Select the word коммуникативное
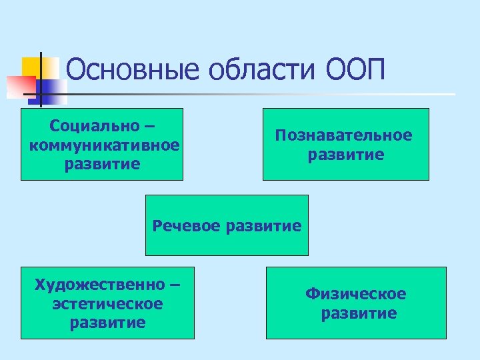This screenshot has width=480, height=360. coord(104,145)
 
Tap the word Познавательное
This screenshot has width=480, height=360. coord(344,135)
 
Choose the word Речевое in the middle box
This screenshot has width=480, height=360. coord(187,225)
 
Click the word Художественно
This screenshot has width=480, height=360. coord(99,285)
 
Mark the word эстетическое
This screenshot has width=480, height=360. coord(107,304)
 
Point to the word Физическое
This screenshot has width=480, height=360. coord(356,294)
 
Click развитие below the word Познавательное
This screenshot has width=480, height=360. coord(346,155)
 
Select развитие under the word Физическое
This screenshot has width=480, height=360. coord(359,313)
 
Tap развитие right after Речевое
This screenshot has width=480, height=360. coord(264,225)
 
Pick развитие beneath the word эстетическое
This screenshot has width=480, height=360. coord(107,323)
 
